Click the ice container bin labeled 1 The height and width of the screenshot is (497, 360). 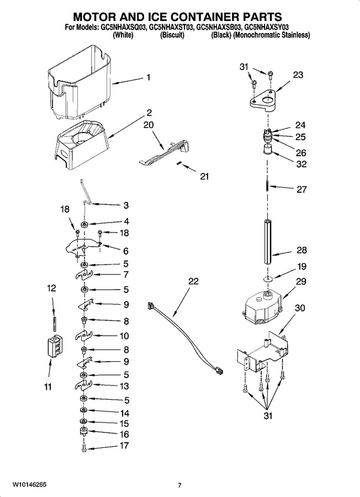(79, 84)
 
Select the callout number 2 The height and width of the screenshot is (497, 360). (149, 113)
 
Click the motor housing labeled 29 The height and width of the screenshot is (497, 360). (262, 307)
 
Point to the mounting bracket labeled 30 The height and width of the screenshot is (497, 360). (263, 352)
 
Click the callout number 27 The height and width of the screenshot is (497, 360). (301, 189)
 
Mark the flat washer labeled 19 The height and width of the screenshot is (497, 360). (268, 279)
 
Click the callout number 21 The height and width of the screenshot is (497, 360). (204, 176)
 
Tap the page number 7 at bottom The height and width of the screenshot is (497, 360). (179, 485)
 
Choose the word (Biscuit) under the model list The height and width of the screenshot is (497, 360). (172, 35)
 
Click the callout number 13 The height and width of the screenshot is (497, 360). (124, 386)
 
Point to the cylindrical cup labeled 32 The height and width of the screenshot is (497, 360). (268, 149)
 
